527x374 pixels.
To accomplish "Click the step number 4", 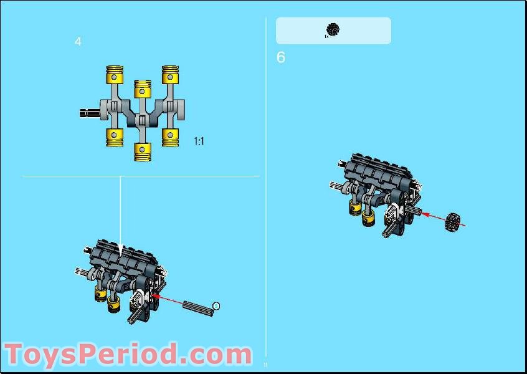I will coord(78,42).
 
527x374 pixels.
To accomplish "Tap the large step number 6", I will coord(281,57).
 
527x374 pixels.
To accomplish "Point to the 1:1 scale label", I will coord(199,141).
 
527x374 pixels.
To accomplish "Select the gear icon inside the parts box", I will coord(333,29).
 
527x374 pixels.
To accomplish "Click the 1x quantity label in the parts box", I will coord(325,37).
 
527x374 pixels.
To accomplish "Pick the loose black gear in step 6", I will coord(456,221).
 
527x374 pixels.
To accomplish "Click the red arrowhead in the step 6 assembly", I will coord(425,213).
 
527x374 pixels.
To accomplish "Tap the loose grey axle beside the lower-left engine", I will coord(197,307).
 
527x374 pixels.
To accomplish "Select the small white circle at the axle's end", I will coord(216,305).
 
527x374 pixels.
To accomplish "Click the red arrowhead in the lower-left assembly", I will coord(156,297).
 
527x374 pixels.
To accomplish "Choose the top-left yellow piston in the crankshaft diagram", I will coord(114,75).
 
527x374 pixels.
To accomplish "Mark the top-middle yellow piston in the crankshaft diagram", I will coord(143,89).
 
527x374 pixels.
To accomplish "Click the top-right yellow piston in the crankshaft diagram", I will coord(171,75).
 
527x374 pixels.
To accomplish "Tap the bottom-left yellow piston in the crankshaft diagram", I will coord(114,136).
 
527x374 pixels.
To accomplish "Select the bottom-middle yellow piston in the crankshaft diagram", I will coord(143,150).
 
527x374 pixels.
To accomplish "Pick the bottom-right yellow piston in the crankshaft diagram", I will coord(171,136).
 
